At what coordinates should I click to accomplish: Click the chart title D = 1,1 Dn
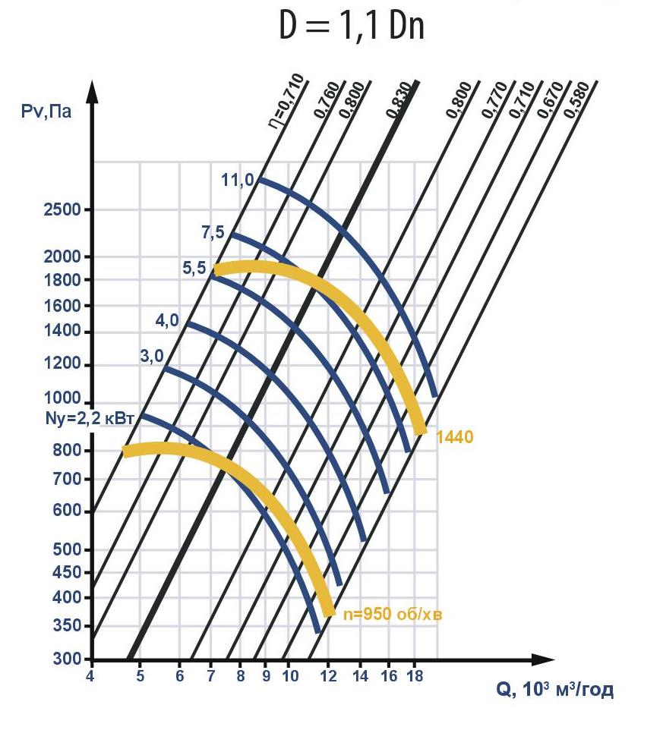click(351, 27)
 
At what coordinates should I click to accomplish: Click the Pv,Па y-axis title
click(47, 113)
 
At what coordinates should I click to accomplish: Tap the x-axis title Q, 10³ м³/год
click(554, 690)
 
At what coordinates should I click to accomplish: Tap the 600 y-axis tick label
click(67, 511)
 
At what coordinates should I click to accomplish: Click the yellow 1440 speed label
click(455, 437)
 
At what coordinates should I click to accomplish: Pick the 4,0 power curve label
click(167, 321)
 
